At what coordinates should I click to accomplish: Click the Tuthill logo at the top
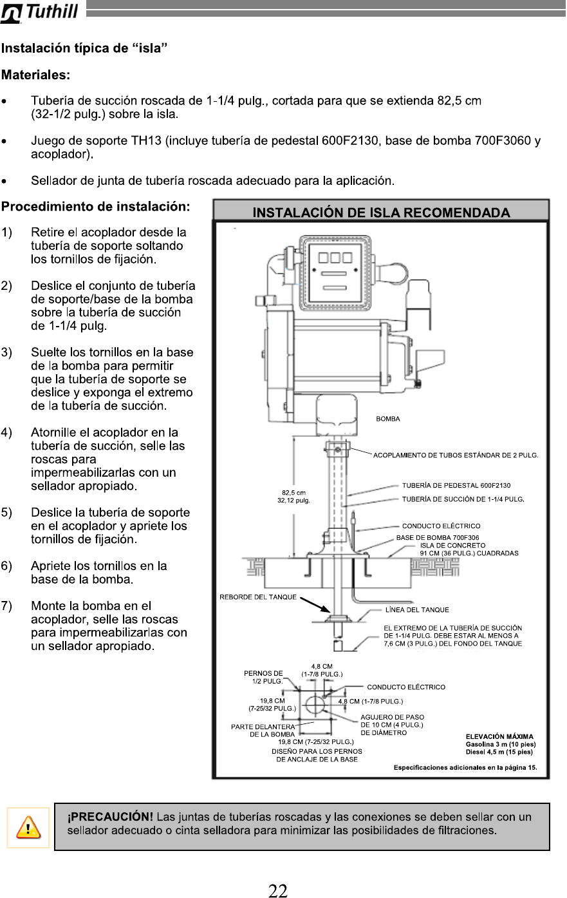click(40, 12)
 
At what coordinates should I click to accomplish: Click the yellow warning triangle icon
click(28, 827)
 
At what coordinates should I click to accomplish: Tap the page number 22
click(278, 891)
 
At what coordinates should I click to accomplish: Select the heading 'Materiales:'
click(35, 75)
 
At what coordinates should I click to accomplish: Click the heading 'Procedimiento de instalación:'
click(95, 207)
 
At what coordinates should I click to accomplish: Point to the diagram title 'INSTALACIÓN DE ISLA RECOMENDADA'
click(381, 213)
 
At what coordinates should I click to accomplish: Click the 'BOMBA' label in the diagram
click(387, 419)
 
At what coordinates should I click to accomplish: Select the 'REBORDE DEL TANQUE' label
click(258, 597)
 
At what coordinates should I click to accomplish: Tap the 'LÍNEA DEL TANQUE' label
click(417, 609)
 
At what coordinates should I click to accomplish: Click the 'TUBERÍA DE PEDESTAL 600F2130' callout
click(456, 486)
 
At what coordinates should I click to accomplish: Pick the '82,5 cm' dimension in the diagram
click(293, 493)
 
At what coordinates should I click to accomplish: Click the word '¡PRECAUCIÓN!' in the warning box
click(110, 817)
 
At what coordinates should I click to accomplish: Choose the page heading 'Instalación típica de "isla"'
click(84, 49)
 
